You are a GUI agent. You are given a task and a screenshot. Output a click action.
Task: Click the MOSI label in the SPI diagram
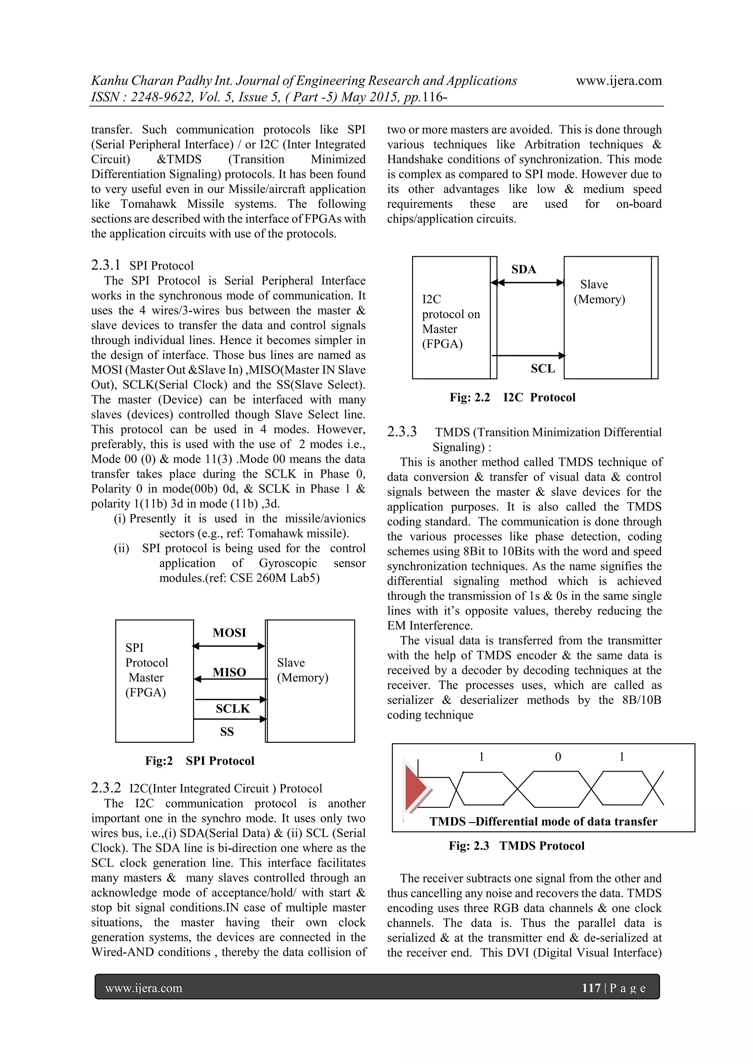point(229,633)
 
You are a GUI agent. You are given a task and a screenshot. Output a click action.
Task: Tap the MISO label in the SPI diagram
point(229,672)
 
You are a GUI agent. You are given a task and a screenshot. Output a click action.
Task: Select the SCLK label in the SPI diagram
point(232,709)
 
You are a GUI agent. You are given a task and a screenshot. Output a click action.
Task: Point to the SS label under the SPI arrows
point(227,732)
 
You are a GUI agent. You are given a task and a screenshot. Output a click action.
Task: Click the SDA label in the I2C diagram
point(524,269)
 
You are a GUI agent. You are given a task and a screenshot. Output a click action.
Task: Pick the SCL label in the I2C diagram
point(542,369)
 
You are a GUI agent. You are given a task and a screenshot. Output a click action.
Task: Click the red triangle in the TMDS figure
point(415,788)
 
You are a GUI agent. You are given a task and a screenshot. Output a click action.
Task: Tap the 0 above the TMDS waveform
point(558,757)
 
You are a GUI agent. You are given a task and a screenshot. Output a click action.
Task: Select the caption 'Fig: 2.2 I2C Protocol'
point(512,398)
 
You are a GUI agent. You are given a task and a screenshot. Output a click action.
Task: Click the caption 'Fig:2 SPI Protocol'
point(199,761)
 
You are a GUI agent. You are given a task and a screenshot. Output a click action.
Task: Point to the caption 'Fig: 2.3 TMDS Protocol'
point(516,846)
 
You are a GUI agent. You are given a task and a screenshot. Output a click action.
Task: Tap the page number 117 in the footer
point(591,988)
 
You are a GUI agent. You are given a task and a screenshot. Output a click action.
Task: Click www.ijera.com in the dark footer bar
point(144,988)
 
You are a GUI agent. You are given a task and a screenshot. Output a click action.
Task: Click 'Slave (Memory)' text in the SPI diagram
point(302,670)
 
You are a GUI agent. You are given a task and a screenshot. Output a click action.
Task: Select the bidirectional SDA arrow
point(527,283)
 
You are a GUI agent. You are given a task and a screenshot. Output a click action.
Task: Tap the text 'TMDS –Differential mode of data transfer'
point(543,822)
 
